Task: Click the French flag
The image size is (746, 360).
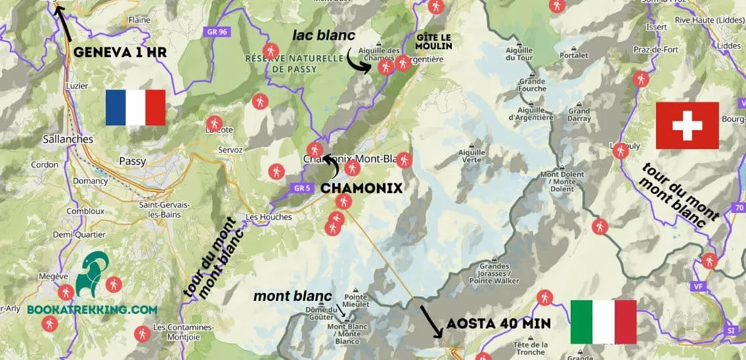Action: tap(135, 108)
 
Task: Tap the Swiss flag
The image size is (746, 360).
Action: tap(688, 125)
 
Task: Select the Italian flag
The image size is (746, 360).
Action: tap(603, 321)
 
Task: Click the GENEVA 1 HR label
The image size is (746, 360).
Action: tap(119, 53)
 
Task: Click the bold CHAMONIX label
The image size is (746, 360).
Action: tap(361, 188)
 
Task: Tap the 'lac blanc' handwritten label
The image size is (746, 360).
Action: tap(324, 35)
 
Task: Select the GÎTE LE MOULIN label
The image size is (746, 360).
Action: tap(433, 41)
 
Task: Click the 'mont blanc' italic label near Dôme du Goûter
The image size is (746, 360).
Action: tap(292, 296)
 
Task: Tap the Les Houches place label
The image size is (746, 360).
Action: tap(267, 217)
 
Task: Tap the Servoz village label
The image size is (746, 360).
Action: tap(229, 150)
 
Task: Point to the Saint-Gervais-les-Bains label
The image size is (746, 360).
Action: tap(164, 210)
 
